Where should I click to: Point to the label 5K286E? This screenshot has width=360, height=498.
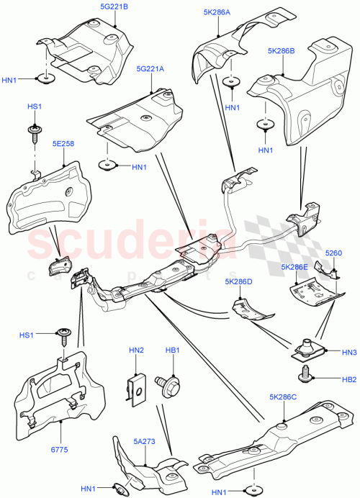click(x=295, y=267)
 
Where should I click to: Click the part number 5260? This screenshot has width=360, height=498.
click(x=333, y=253)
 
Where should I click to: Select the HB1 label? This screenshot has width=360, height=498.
click(x=173, y=350)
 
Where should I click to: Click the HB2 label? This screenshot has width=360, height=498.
click(x=348, y=378)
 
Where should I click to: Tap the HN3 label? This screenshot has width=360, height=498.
click(x=348, y=353)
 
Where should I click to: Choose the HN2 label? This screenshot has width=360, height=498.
click(x=136, y=350)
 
